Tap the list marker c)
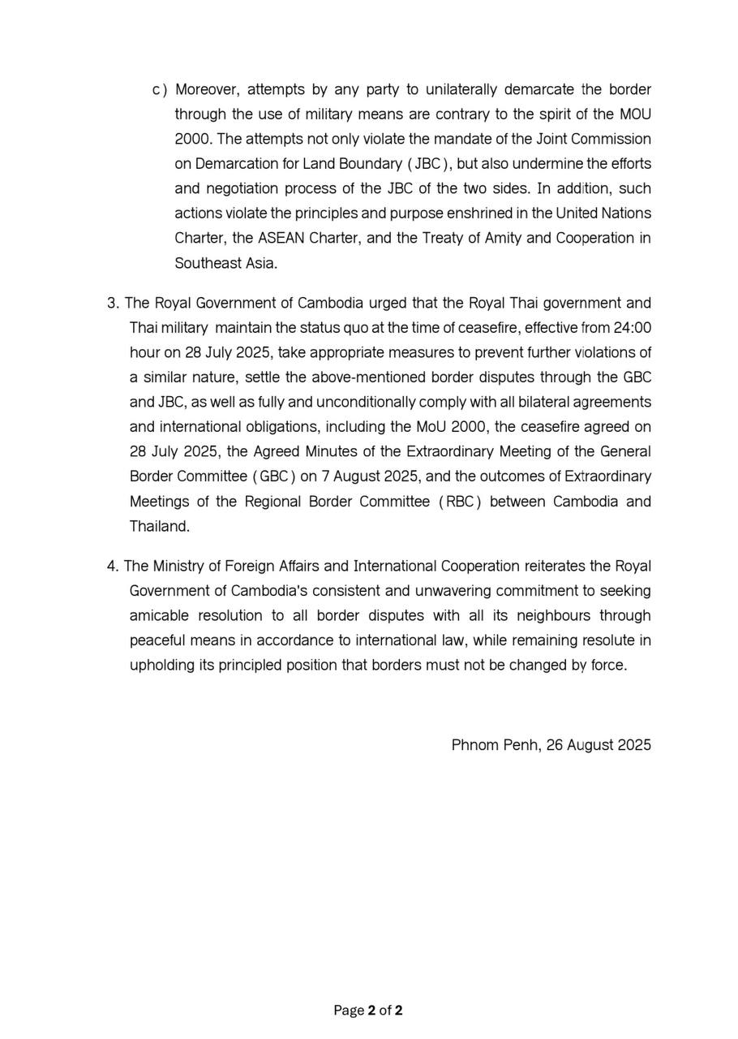click(x=160, y=89)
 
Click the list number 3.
click(x=113, y=304)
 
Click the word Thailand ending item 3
click(x=159, y=526)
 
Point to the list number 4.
click(x=113, y=566)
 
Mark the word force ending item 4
click(x=609, y=666)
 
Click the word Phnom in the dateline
click(x=473, y=745)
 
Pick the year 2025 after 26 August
click(x=633, y=745)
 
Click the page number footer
click(x=368, y=1011)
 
